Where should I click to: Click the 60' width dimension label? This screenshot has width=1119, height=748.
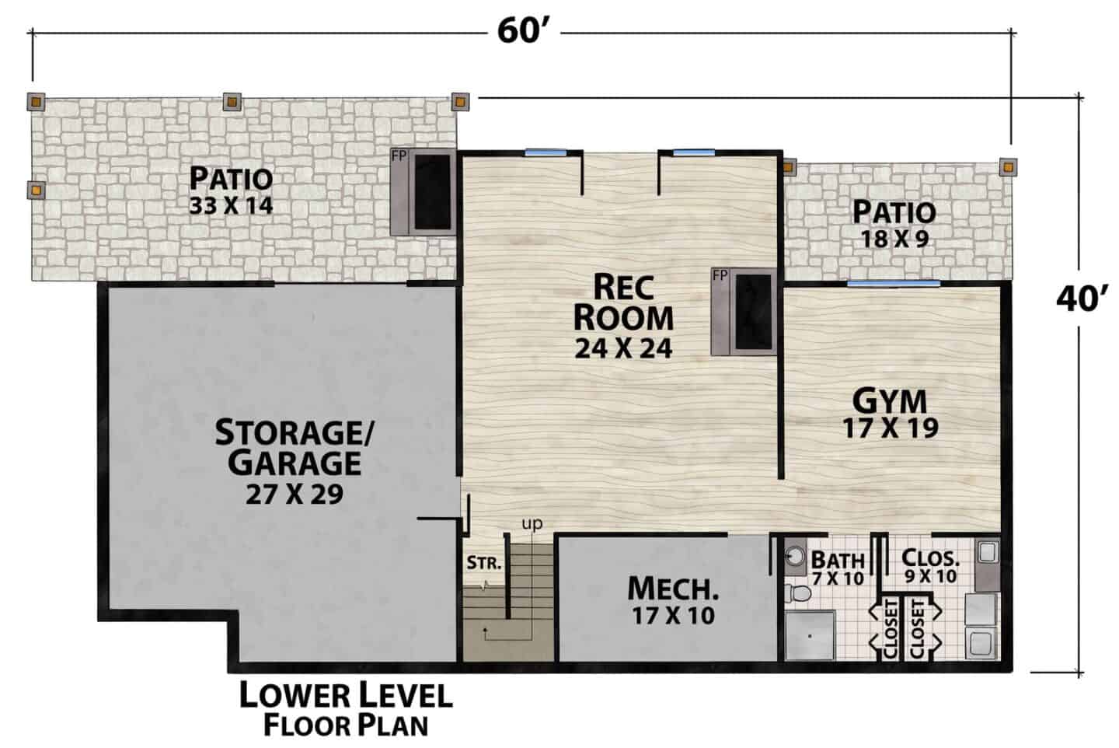pos(523,31)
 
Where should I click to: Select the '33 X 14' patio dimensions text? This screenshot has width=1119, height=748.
pos(231,205)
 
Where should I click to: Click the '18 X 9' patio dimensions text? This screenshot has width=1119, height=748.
pos(894,239)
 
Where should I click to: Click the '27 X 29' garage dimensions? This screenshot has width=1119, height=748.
pos(295,495)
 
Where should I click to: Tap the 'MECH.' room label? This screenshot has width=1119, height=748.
pos(673,589)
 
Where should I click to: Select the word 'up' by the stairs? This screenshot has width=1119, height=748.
pos(532,524)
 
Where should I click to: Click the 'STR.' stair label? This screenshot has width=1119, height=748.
pos(484,563)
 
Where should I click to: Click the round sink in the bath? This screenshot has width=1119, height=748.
pos(794,555)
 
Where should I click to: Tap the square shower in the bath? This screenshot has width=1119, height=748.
pos(810,635)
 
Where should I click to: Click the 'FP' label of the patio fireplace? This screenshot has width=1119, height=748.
pos(399,156)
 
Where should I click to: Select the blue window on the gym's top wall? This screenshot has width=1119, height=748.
pos(893,284)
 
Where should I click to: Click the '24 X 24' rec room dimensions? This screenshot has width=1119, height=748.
pos(623,349)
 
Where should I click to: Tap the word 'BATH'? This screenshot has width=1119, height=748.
pos(838,560)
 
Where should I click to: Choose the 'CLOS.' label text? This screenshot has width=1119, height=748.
pos(931,558)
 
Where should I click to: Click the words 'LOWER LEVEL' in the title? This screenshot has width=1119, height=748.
pos(346,695)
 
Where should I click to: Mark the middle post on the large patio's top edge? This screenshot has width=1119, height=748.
pos(232,102)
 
